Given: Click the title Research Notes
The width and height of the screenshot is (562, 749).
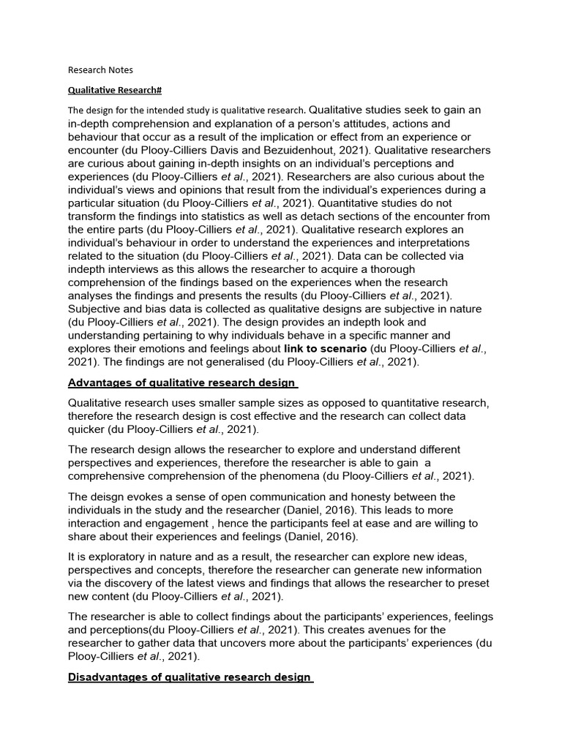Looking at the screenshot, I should click(x=100, y=70).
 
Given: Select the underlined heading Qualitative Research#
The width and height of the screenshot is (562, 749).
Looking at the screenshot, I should click(x=114, y=90).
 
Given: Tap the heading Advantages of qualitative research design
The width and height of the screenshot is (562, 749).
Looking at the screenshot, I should click(x=182, y=383).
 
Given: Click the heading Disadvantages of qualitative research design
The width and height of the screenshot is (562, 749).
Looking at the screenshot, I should click(x=190, y=677).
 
